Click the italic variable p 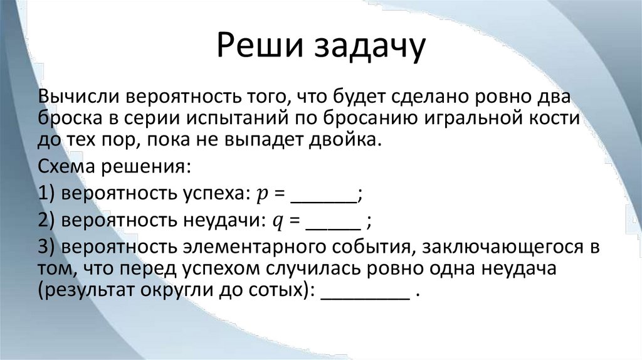click(261, 195)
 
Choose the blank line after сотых click(364, 299)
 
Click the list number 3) click(48, 248)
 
